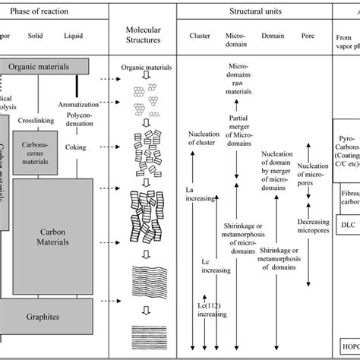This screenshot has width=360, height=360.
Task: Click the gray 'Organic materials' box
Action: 47,66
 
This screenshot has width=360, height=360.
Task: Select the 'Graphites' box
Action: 47,311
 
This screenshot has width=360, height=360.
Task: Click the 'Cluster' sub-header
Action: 201,36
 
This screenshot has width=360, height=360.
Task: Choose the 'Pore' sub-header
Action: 308,36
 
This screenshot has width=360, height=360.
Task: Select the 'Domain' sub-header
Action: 273,36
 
